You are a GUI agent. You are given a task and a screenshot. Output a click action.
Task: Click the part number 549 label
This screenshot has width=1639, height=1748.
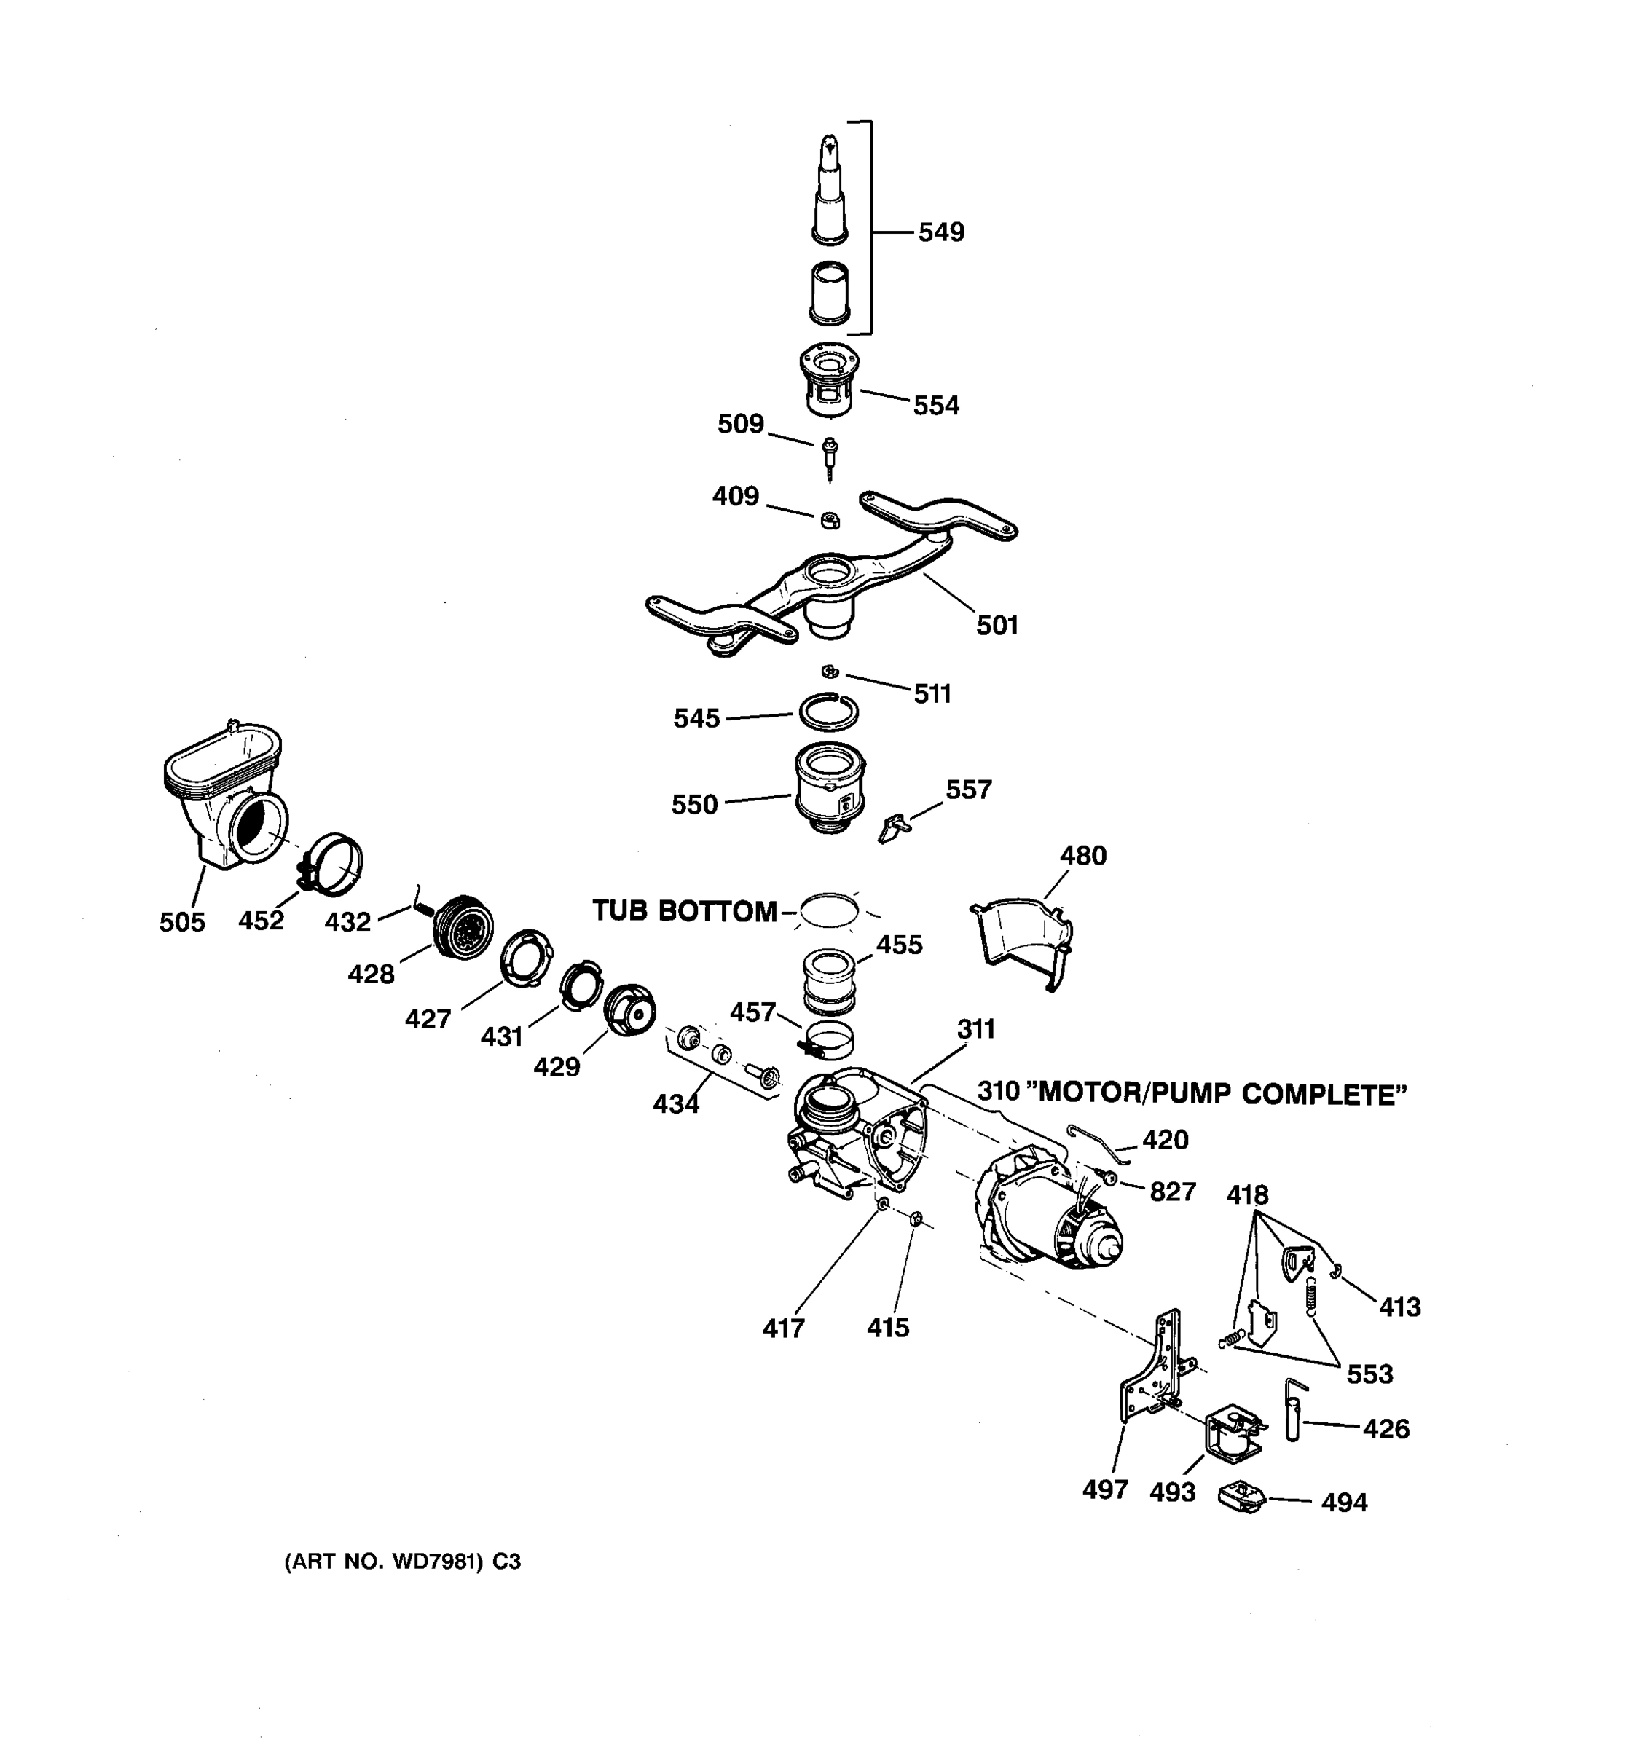941,232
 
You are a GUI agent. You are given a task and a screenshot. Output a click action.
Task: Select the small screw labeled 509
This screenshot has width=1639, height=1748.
829,457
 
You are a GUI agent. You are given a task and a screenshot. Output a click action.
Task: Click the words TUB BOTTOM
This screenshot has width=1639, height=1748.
684,911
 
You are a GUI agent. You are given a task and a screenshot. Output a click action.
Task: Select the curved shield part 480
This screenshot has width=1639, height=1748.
1024,937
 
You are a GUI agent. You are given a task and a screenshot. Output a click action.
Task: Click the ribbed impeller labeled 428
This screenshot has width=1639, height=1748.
464,926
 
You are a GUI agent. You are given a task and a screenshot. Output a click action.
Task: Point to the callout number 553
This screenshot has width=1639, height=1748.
1369,1374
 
